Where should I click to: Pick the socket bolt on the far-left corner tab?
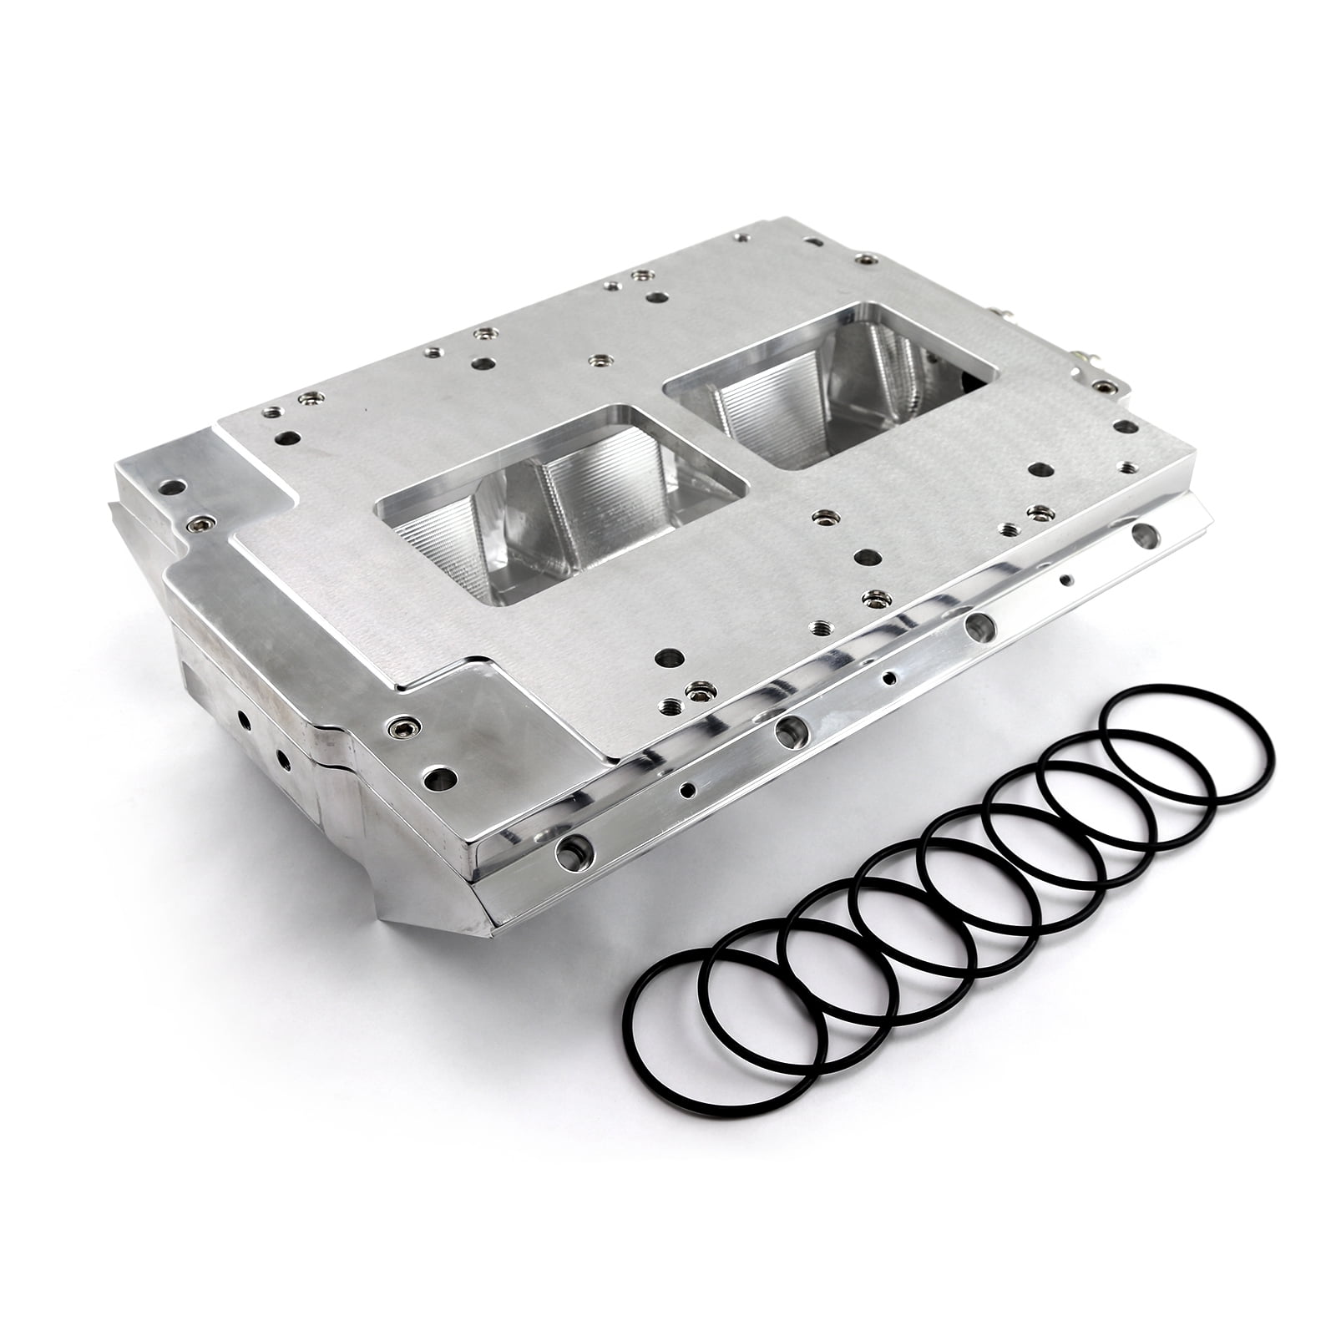(x=197, y=523)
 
